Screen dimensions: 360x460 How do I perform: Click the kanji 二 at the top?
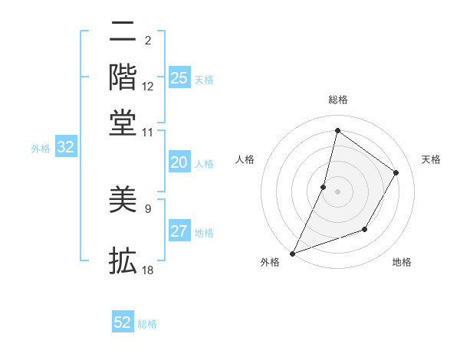pos(123,32)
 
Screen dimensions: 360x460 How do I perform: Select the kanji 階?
pos(123,77)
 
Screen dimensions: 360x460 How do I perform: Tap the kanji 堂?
pos(123,122)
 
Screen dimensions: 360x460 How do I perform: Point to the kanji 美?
pos(123,200)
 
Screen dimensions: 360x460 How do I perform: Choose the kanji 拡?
pos(123,260)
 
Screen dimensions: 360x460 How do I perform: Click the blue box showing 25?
pos(179,77)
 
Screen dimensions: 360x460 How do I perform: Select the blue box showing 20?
pos(179,162)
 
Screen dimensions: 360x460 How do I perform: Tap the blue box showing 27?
pos(179,231)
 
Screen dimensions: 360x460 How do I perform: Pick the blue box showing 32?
pos(66,148)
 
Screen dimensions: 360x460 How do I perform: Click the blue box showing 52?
pos(123,322)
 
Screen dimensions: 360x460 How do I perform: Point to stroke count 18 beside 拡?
pos(148,270)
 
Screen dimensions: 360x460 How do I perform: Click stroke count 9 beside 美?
pos(148,208)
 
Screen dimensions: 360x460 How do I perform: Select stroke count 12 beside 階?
pos(148,87)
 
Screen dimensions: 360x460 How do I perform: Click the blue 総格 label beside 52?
pos(147,324)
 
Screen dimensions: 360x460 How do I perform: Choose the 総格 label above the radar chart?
pos(337,100)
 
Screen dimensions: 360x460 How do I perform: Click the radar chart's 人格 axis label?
pos(245,159)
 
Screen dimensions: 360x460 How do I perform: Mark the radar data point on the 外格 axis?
pos(292,253)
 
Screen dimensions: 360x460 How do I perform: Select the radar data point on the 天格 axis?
pos(396,172)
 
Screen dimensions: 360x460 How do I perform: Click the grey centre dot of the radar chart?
pos(337,191)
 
